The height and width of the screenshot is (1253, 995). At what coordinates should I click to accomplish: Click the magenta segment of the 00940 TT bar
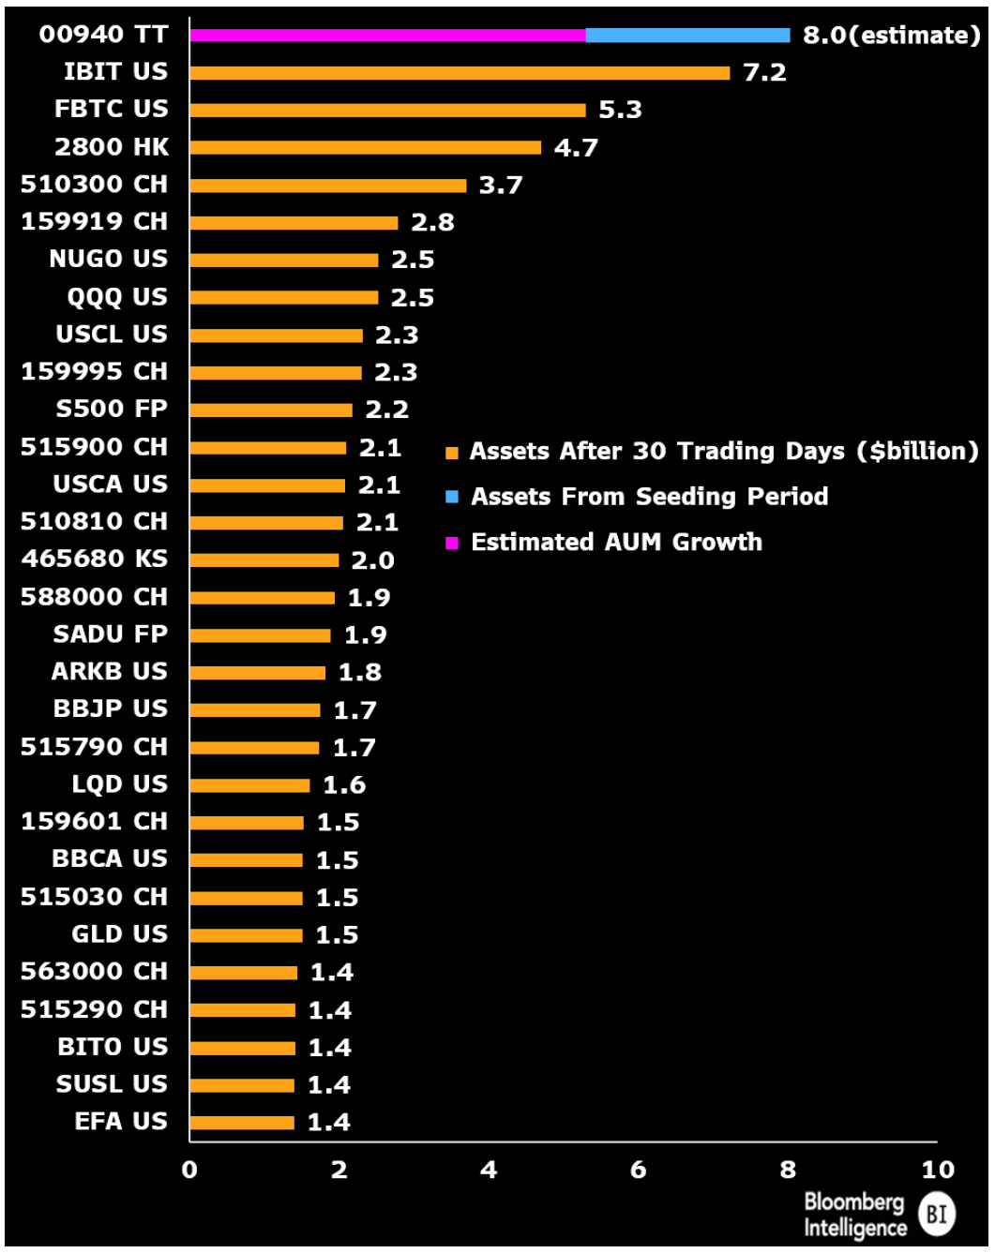point(387,36)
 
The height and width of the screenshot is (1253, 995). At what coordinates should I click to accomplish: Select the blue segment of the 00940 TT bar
point(687,36)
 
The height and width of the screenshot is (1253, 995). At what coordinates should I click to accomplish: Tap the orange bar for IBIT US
point(460,73)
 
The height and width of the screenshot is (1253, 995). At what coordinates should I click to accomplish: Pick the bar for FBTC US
point(387,111)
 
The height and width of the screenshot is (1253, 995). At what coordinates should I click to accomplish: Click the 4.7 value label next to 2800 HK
point(576,148)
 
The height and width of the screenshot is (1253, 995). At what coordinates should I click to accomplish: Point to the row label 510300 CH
point(94,185)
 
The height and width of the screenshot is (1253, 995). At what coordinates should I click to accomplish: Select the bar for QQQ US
point(284,298)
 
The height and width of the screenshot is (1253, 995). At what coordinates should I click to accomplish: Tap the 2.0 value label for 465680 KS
point(372,560)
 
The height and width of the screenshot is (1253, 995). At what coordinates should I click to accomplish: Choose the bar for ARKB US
point(258,673)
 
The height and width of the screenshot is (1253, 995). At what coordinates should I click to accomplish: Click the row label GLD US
point(119,934)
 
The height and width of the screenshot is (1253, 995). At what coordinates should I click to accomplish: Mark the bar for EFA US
point(242,1123)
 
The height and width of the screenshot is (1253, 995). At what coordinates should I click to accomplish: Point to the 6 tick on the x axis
point(638,1170)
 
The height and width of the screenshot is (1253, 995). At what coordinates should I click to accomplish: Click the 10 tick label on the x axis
point(937,1170)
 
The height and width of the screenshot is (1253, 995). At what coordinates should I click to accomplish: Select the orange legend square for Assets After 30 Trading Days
point(452,454)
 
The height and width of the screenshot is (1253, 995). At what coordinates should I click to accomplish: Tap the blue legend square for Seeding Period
point(452,497)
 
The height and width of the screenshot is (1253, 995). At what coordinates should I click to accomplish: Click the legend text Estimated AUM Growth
point(616,543)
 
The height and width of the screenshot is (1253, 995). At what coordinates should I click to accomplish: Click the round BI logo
point(936,1215)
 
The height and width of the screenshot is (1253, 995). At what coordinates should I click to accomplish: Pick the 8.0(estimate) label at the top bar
point(891,36)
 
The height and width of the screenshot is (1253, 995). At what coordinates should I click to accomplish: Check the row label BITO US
point(113,1047)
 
